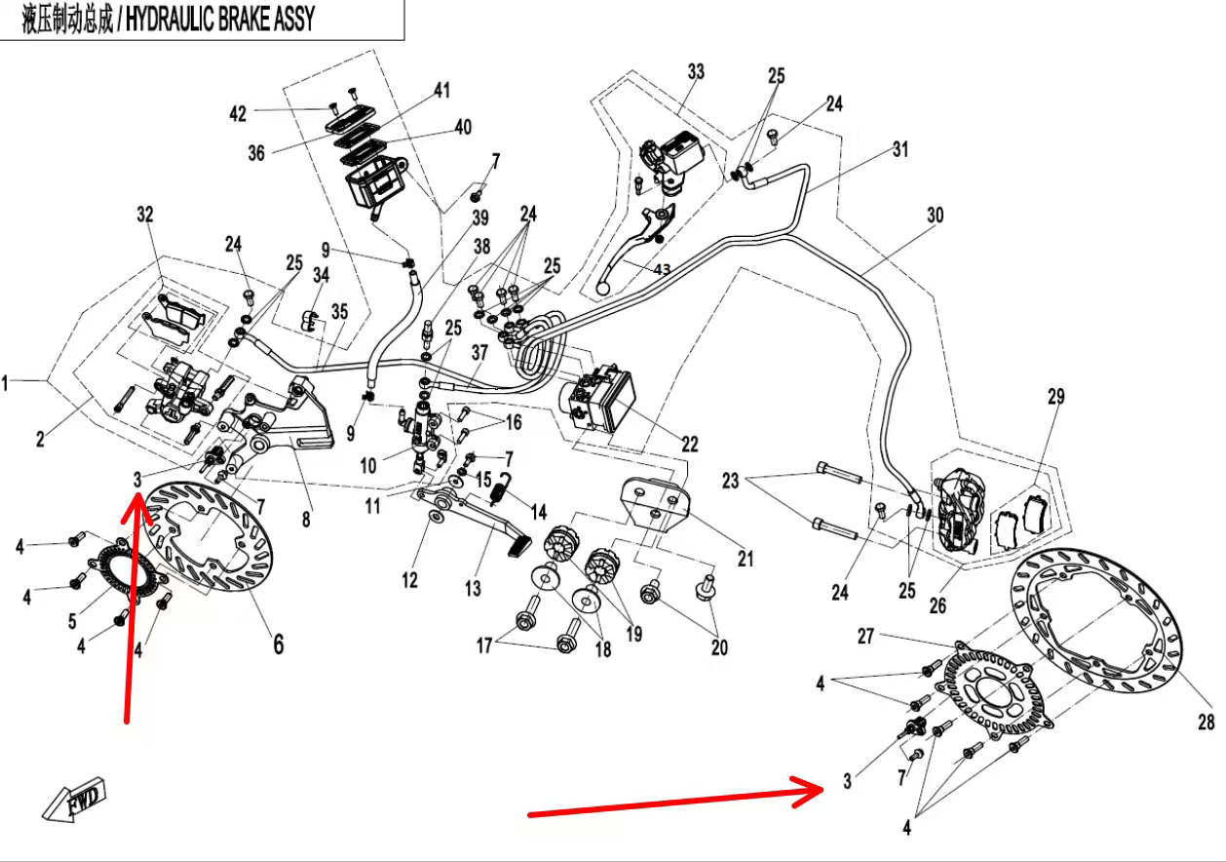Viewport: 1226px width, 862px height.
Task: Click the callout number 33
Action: point(695,72)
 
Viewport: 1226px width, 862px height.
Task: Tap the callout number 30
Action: point(935,215)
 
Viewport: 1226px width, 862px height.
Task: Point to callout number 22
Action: point(689,444)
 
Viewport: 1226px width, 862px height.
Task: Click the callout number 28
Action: point(1206,723)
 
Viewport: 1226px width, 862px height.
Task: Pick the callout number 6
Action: point(278,644)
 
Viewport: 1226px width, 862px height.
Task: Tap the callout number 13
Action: point(473,588)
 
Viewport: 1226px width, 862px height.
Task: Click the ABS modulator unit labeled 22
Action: point(596,401)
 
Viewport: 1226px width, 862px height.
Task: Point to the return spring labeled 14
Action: point(499,488)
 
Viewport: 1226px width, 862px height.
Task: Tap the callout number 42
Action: point(238,113)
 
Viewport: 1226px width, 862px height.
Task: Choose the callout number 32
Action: point(145,215)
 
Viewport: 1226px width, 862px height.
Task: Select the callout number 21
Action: point(746,559)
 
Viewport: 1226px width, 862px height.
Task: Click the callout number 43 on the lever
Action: point(662,269)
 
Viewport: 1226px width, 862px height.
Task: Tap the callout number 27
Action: point(865,636)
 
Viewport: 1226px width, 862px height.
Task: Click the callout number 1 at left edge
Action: point(5,384)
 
